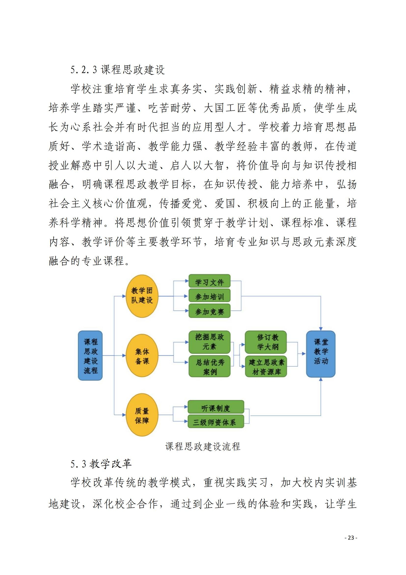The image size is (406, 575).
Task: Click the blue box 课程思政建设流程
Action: point(90,356)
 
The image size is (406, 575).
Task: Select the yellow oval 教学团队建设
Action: point(142,296)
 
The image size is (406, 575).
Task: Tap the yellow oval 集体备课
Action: point(142,356)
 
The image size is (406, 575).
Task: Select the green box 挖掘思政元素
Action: point(209,342)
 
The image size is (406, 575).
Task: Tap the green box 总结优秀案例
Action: point(209,366)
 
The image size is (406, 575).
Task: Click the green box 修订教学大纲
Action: point(266,342)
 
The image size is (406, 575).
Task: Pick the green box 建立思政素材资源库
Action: point(266,366)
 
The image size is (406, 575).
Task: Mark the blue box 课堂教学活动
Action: point(321,354)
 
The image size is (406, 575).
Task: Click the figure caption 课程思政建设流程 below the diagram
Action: point(203,446)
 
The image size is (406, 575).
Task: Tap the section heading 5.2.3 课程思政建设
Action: point(118,70)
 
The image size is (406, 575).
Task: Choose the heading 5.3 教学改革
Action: point(101,464)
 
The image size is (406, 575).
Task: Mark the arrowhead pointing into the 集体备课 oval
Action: point(124,356)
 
